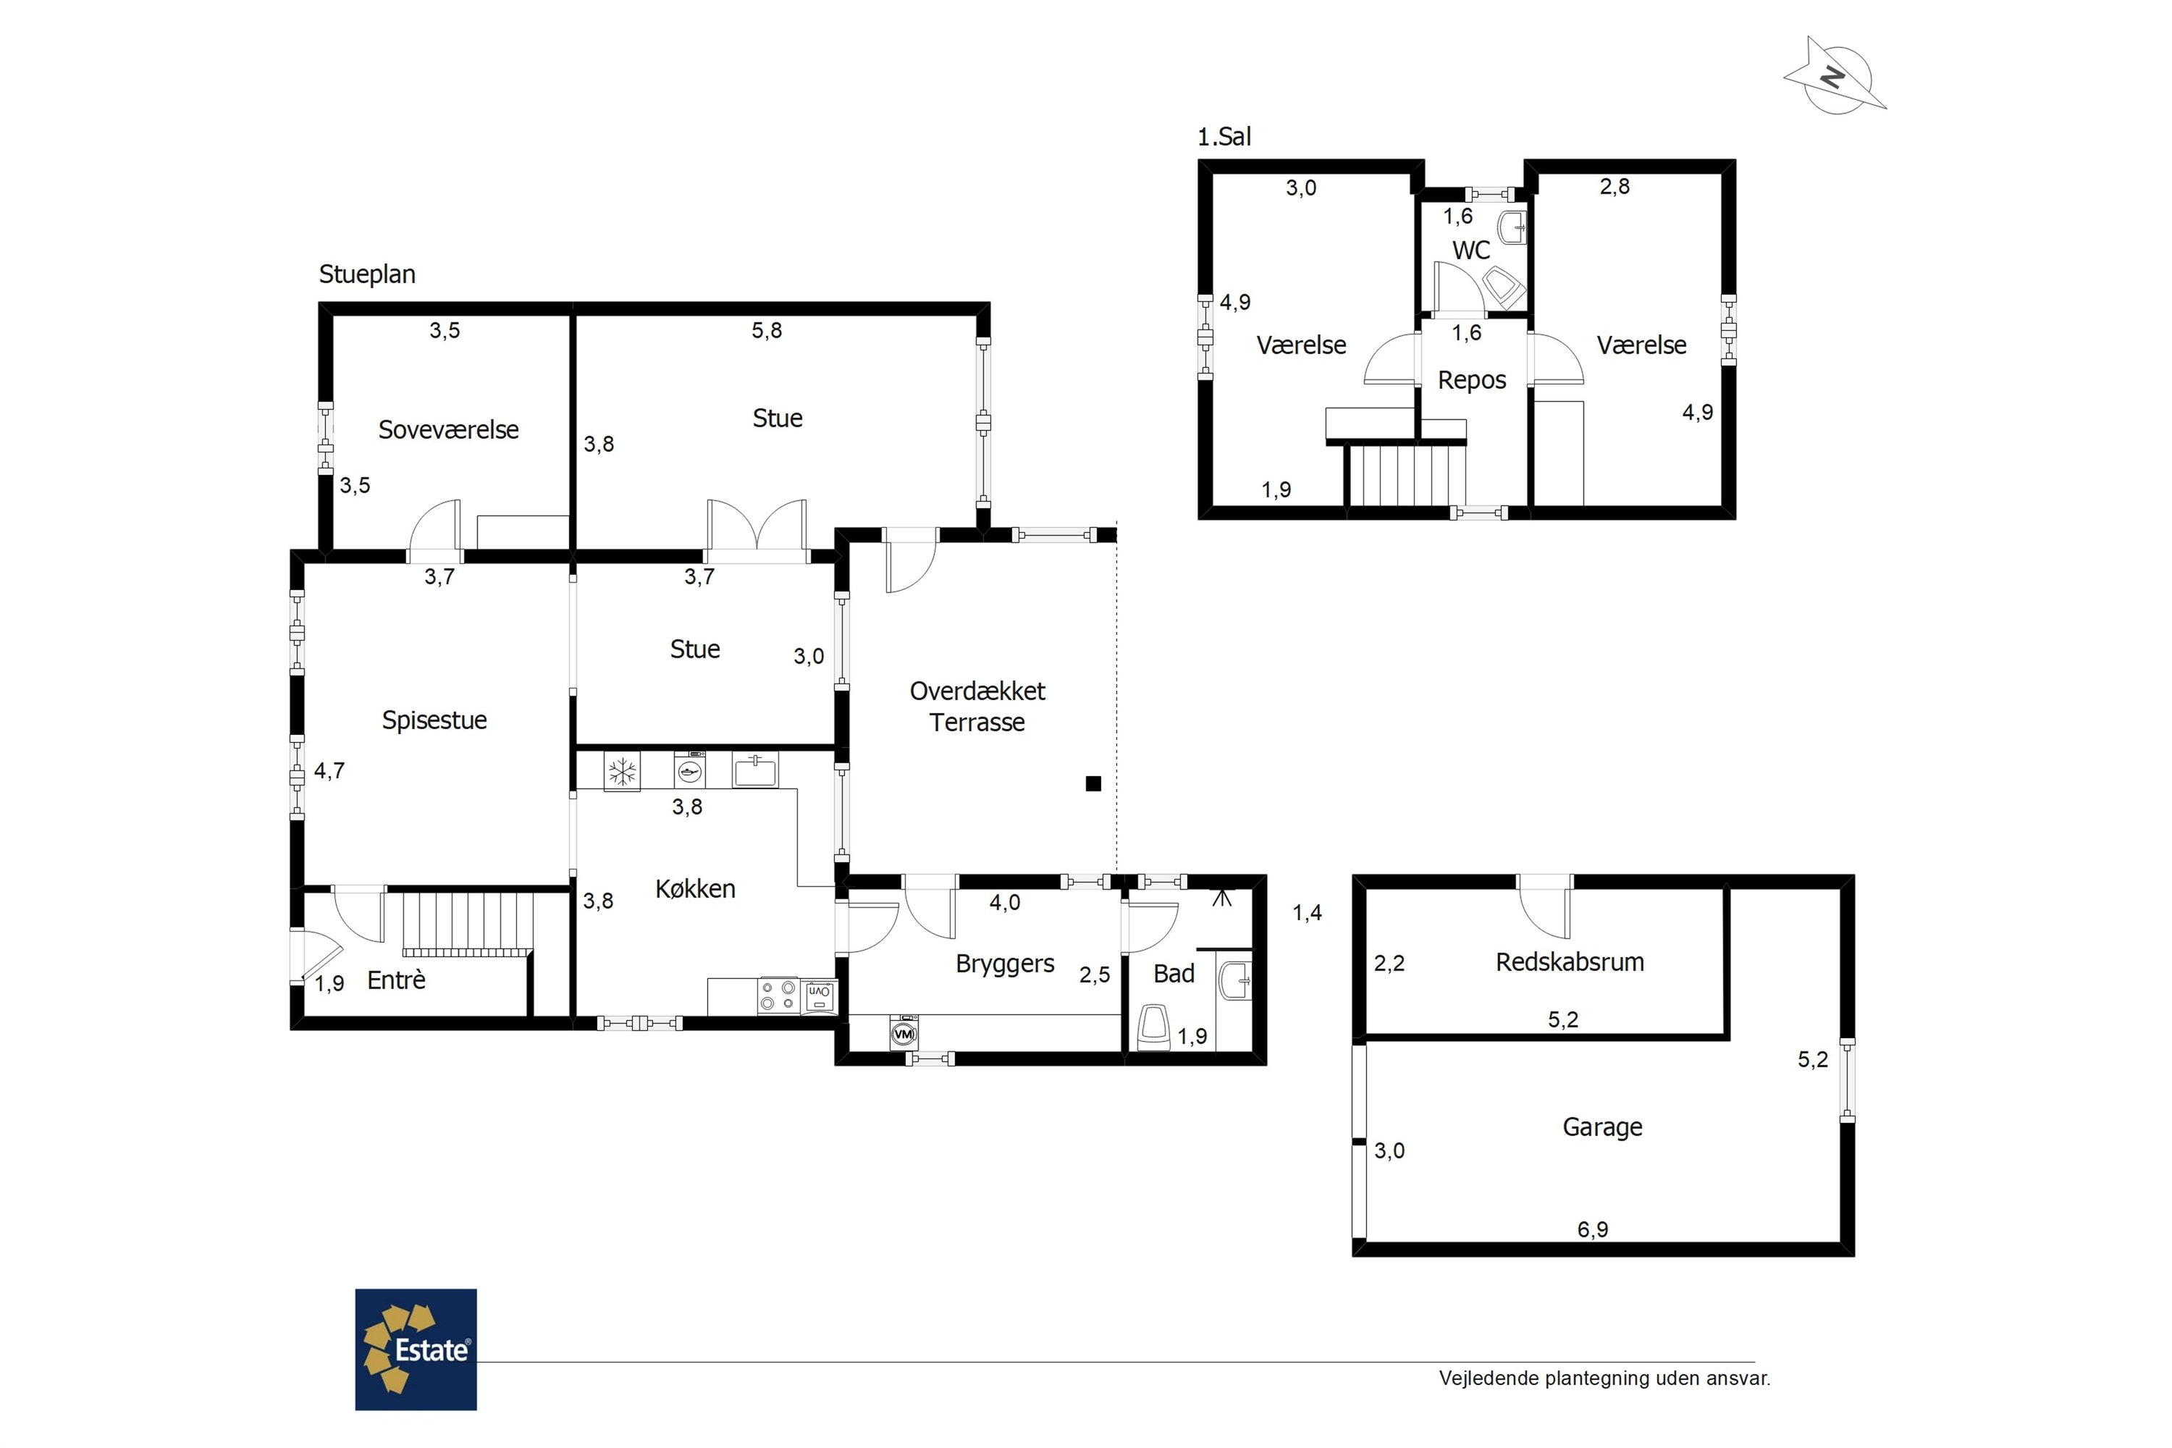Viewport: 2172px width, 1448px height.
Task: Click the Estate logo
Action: coord(416,1350)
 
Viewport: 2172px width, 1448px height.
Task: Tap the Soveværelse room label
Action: coord(449,429)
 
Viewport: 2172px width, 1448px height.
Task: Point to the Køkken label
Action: coord(695,889)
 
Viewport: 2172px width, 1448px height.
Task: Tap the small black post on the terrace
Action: coord(1093,784)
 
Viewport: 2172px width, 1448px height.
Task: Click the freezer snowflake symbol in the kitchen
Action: coord(621,771)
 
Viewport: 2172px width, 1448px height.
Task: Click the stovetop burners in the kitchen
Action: coord(778,996)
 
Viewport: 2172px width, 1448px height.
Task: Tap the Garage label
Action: coord(1602,1127)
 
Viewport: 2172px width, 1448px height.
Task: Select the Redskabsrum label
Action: coord(1570,962)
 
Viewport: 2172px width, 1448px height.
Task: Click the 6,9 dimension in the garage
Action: coord(1593,1229)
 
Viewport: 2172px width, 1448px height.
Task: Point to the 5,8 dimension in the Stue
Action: coord(767,331)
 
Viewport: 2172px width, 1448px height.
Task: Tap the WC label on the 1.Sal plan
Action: coord(1471,251)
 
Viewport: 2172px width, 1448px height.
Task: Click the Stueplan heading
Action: coord(368,274)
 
